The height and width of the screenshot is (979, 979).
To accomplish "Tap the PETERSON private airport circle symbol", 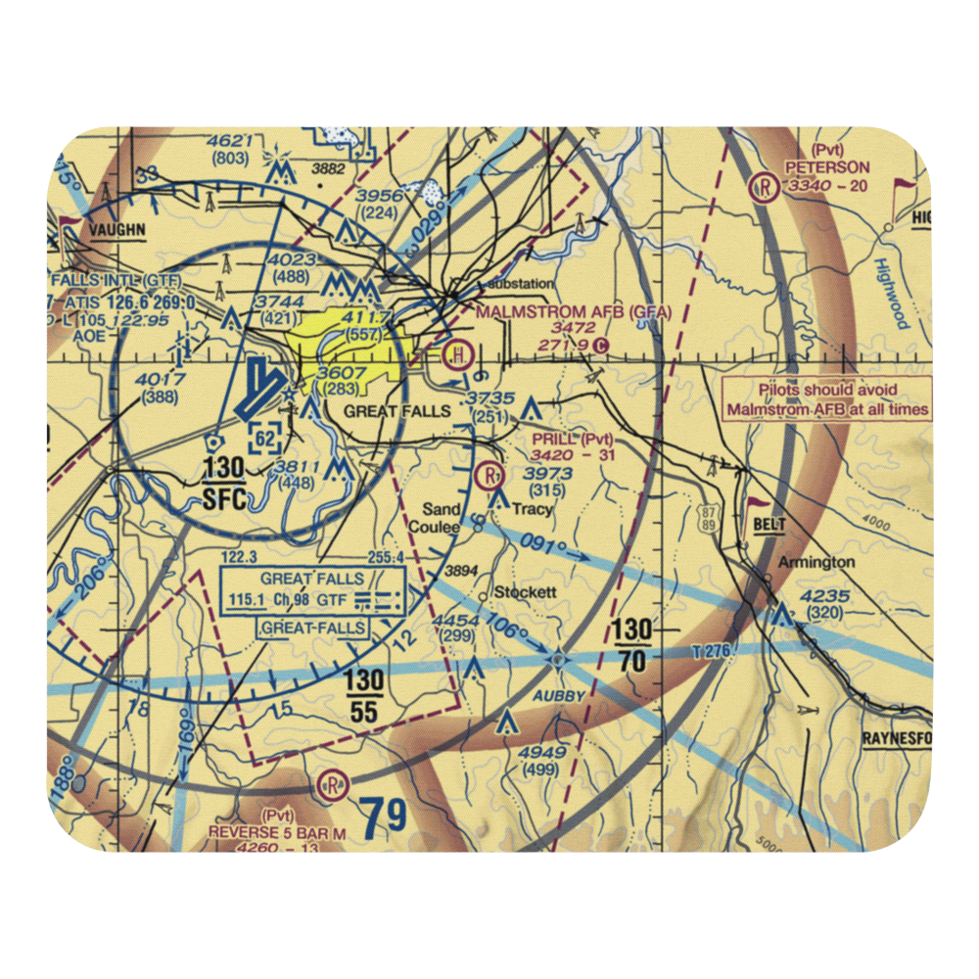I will pos(763,186).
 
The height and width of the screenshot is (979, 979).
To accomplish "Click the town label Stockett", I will pos(525,592).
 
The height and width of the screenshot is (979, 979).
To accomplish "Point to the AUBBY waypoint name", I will pos(560,695).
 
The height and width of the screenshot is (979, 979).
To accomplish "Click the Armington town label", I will pos(816,562).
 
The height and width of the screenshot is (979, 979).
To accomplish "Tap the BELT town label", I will pos(770,526).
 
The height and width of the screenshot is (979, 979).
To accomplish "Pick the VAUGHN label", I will pos(117,230).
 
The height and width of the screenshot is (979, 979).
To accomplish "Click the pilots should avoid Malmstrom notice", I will pos(827,399).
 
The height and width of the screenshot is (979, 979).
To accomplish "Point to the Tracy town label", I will pos(532,509).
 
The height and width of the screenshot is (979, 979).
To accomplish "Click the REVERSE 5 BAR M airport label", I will pos(277,831).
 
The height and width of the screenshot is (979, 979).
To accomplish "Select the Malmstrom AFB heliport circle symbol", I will pos(456,353).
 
